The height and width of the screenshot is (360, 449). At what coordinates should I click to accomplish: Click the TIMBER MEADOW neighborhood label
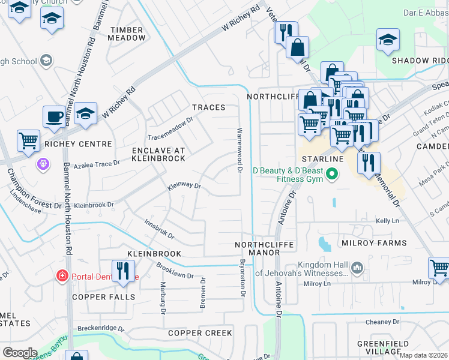pos(127,34)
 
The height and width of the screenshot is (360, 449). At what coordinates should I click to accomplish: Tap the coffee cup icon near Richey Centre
pos(55,116)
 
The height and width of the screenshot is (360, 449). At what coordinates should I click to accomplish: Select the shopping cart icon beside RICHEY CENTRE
pos(29,140)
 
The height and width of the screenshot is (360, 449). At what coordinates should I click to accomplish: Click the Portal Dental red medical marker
pos(61,276)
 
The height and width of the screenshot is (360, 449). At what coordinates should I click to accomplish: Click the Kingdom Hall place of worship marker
pos(357,266)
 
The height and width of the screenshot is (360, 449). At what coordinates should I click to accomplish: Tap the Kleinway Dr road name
pos(184,186)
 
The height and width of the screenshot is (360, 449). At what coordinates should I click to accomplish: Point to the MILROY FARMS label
pos(374,243)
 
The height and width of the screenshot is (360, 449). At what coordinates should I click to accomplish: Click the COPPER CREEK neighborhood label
pos(200,333)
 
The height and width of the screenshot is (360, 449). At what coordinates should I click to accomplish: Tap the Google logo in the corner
pos(19,353)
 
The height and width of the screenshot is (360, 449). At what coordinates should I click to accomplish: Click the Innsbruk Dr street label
pos(159,229)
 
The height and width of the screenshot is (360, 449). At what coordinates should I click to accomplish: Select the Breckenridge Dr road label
pos(100,329)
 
